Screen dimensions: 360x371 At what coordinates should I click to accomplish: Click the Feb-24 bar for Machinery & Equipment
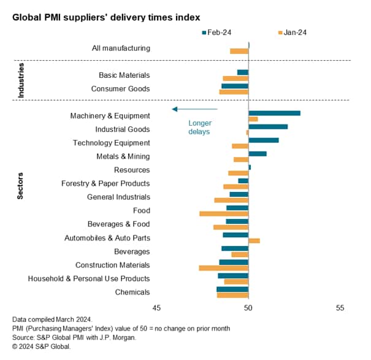(274, 113)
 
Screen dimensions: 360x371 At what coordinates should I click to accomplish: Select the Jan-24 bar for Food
(224, 213)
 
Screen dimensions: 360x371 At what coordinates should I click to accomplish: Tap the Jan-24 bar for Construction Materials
(224, 268)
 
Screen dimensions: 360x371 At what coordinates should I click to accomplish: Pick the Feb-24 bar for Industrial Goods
(268, 126)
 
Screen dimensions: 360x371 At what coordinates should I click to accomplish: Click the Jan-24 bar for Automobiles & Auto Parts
(254, 240)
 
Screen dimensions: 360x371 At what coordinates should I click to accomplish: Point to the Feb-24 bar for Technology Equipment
(263, 140)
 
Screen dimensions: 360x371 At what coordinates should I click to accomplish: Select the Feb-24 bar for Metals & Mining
(258, 153)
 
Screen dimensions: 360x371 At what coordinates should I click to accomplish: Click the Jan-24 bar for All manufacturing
(239, 51)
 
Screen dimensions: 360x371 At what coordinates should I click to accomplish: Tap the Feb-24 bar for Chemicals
(232, 289)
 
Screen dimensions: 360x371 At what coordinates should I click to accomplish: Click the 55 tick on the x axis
(340, 308)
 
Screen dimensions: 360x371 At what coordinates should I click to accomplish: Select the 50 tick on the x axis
(248, 308)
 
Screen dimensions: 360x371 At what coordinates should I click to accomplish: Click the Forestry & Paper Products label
(105, 183)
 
